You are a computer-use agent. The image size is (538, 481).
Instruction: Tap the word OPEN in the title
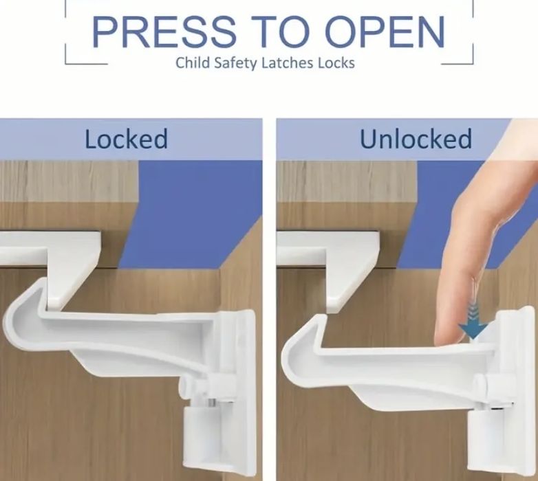(x=385, y=32)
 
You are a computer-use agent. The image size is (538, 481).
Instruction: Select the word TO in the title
(x=280, y=32)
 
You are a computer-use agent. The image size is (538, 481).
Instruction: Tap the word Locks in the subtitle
(x=336, y=63)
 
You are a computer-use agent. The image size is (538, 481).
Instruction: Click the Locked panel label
(x=127, y=139)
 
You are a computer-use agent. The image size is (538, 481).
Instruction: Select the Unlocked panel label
(x=416, y=139)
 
